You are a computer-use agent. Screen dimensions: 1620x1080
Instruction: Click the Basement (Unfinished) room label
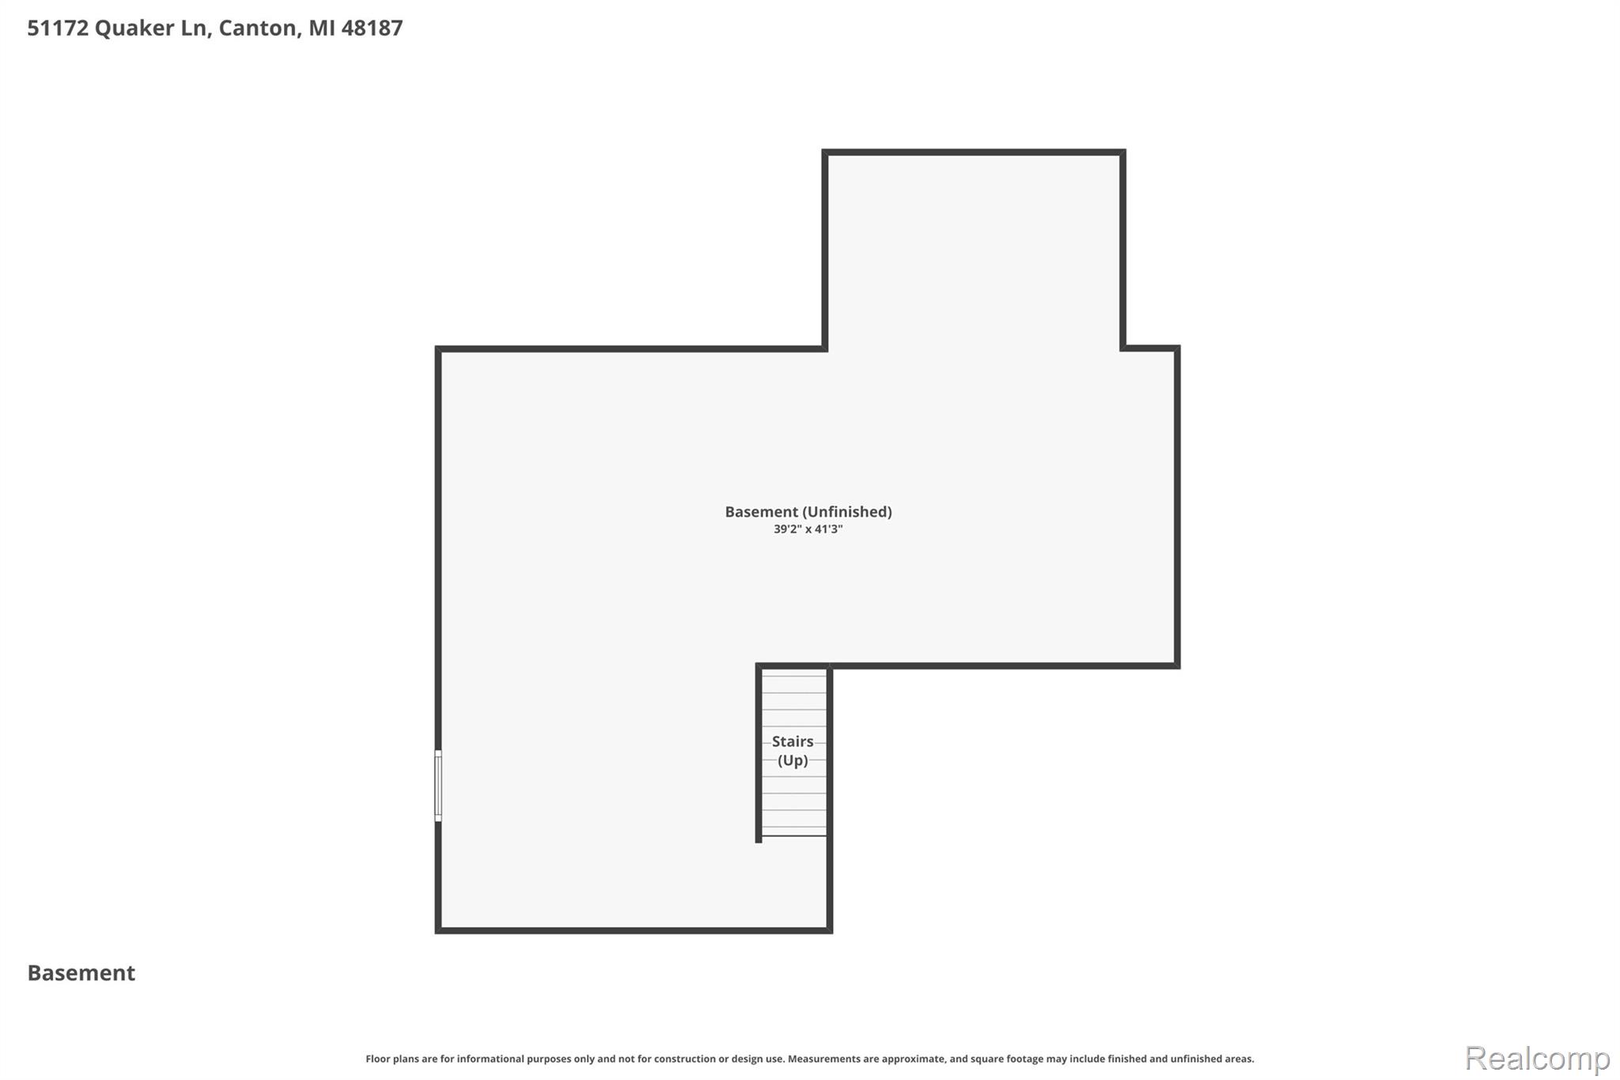(808, 512)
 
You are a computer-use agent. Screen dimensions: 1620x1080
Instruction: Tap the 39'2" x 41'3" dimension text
(808, 529)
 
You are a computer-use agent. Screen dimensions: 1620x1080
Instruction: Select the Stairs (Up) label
(793, 751)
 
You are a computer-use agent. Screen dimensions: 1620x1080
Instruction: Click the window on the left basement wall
(438, 786)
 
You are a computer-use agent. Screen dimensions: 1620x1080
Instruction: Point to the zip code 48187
(372, 28)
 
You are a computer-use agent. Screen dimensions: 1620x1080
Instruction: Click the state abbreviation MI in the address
(321, 28)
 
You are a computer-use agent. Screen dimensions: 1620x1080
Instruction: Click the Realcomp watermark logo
(1537, 1058)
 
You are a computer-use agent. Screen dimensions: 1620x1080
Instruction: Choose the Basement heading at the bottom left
(81, 973)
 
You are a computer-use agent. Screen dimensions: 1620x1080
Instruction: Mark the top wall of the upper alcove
(974, 152)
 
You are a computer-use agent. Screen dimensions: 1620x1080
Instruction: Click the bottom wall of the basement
(634, 930)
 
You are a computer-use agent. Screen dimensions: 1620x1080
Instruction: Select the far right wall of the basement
(1177, 506)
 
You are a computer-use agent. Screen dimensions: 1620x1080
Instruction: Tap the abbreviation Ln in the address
(196, 28)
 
